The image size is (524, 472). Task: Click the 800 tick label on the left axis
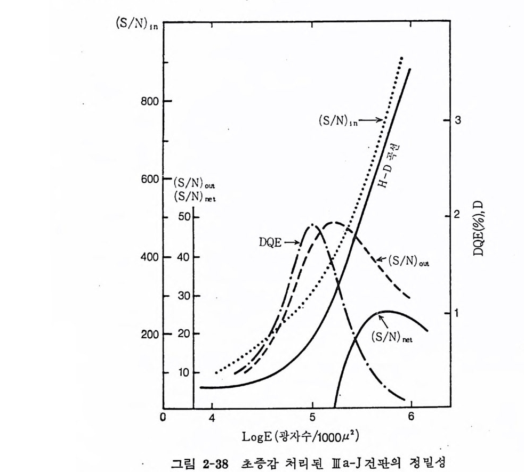pos(148,101)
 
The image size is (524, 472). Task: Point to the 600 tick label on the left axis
pos(148,179)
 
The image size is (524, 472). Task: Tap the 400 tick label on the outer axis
pos(148,257)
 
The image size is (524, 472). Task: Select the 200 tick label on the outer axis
pos(148,335)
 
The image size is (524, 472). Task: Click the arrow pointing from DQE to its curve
pos(292,242)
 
